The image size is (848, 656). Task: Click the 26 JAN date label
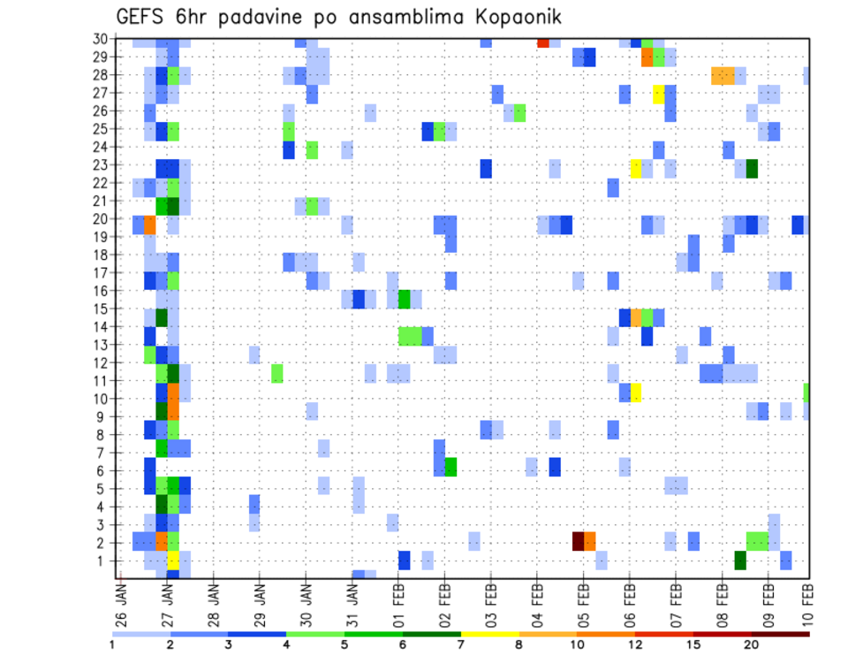121,600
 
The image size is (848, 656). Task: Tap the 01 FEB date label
398,600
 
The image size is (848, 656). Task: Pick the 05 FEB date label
582,600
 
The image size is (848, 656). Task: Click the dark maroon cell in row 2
579,540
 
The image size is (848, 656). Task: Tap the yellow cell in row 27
659,93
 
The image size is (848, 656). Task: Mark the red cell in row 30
543,42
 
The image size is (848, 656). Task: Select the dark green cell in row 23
752,168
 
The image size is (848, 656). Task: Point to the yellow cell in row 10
636,393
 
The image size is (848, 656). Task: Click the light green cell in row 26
520,112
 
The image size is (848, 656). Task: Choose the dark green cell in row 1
740,560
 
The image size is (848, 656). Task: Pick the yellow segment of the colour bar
490,634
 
